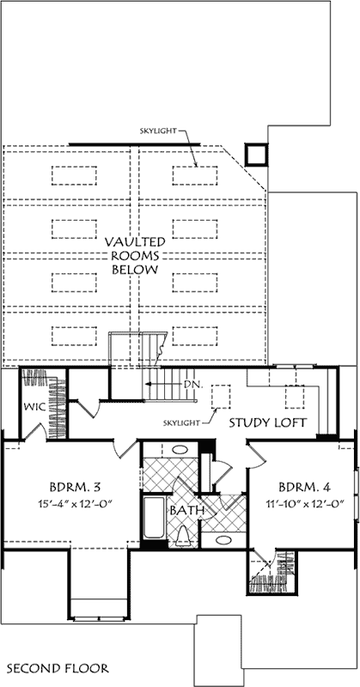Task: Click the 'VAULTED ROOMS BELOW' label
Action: click(x=135, y=256)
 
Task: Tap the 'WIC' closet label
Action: click(x=34, y=405)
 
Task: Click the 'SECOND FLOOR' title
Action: click(x=57, y=667)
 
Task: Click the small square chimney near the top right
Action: click(x=255, y=154)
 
